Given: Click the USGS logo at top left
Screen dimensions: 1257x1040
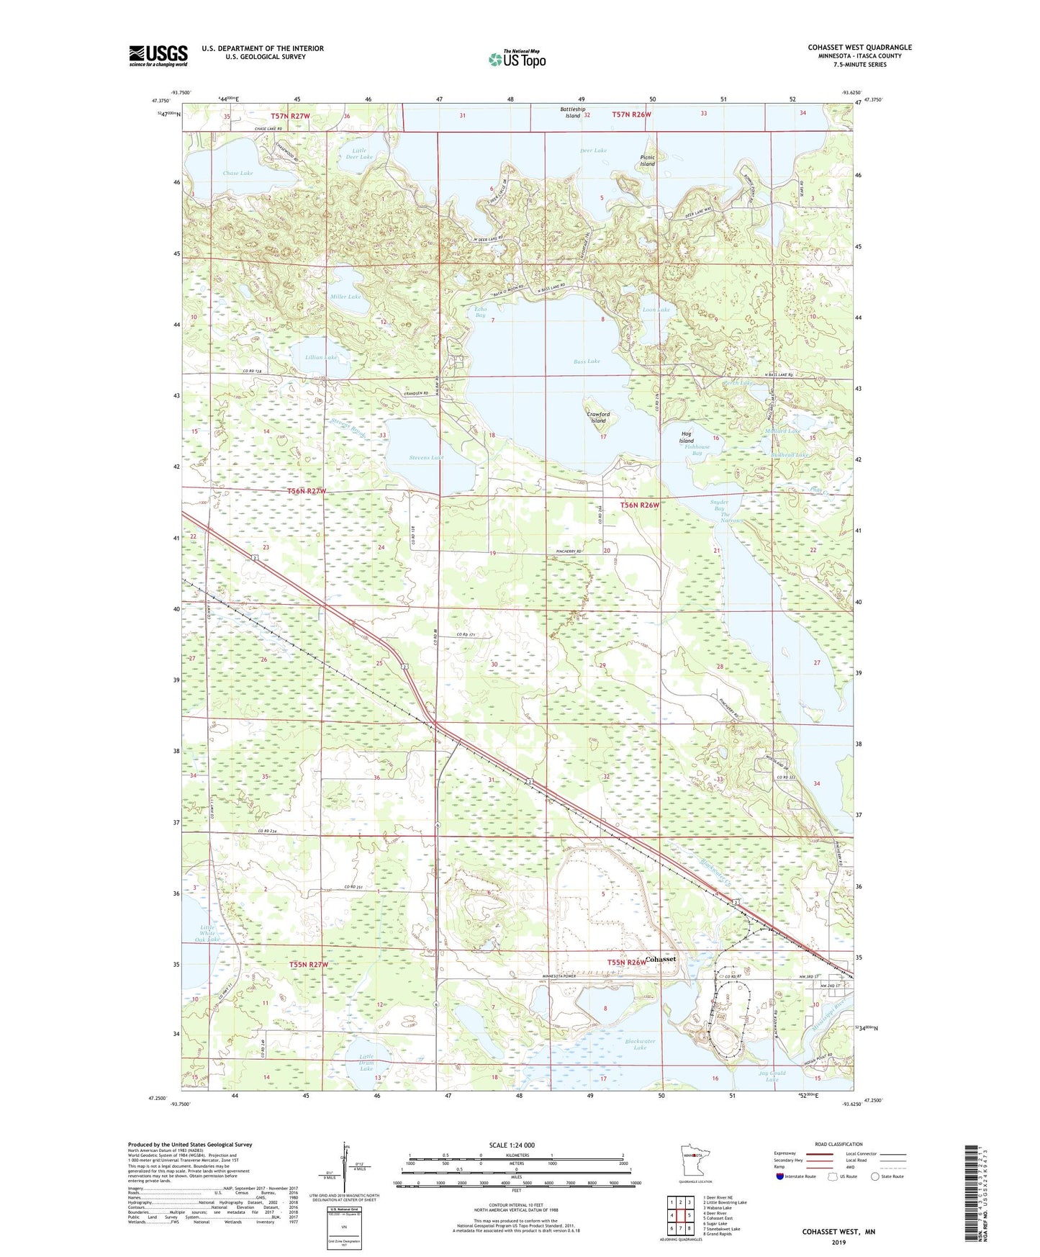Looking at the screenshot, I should pos(158,55).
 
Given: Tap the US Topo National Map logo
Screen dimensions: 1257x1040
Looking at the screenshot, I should pos(516,59).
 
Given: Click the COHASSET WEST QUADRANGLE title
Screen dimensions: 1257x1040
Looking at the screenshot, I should pos(859,48).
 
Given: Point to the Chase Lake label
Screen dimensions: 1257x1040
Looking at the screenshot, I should pos(238,174).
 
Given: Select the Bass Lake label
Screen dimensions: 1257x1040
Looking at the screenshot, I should pos(587,361).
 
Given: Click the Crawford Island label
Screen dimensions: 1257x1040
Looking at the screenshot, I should pos(598,418).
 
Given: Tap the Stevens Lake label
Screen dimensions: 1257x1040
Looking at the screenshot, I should pos(426,458).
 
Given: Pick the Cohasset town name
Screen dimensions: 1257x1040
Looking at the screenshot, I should pos(660,960).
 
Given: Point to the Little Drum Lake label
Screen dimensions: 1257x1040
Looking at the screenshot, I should pos(366,1063).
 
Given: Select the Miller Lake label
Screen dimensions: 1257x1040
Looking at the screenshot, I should pos(345,297).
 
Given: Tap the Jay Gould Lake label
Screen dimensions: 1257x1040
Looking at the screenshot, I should pos(772,1076).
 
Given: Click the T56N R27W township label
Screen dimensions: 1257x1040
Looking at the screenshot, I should pos(307,491).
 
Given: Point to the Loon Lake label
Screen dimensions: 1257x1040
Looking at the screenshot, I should pos(656,310).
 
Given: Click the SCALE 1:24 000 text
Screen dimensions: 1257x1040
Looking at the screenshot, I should pos(512,1145).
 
